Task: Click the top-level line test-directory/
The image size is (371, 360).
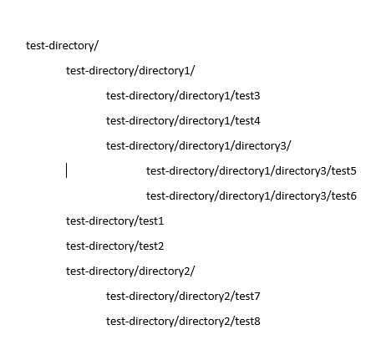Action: click(62, 46)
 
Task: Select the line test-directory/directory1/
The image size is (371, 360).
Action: click(130, 71)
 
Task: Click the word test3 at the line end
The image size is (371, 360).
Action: click(247, 96)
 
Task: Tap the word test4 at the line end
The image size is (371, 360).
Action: click(247, 121)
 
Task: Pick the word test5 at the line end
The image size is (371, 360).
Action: click(343, 171)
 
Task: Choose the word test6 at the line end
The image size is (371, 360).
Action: click(343, 196)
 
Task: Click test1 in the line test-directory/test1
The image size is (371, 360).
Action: click(151, 221)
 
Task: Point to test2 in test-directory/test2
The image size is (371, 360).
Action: click(151, 246)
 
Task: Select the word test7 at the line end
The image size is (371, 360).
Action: click(247, 297)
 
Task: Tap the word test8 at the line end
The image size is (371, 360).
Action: click(247, 322)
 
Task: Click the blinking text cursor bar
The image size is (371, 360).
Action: click(66, 170)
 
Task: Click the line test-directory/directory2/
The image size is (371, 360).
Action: click(130, 271)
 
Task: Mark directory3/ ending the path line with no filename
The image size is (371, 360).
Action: click(263, 146)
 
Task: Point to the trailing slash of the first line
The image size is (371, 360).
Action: click(96, 46)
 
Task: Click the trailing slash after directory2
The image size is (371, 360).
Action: click(193, 271)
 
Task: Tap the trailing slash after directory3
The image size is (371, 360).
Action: click(288, 146)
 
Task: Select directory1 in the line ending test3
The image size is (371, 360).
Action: click(205, 96)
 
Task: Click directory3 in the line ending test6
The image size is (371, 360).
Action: click(300, 196)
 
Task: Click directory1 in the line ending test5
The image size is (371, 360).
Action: click(245, 171)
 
